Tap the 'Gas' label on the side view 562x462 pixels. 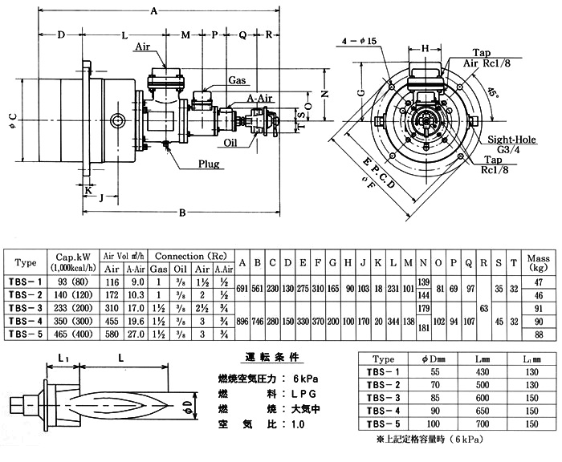237,81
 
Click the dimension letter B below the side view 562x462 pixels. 183,213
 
